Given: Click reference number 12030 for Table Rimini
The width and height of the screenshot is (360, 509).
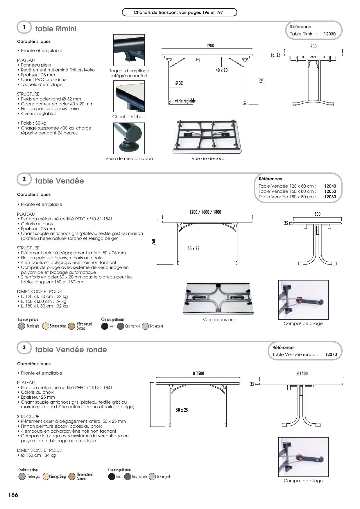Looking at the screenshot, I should click(x=329, y=34).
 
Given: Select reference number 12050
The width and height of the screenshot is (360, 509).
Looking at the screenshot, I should click(x=330, y=191).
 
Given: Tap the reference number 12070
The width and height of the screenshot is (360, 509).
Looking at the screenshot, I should click(x=331, y=355).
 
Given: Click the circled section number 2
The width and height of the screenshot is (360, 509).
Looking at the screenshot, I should click(x=24, y=179).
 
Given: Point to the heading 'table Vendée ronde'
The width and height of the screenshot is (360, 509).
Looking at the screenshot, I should click(x=71, y=350).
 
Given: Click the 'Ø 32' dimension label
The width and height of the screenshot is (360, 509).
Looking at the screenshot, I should click(x=179, y=83).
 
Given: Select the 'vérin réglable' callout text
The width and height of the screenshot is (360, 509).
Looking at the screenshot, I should click(x=185, y=101).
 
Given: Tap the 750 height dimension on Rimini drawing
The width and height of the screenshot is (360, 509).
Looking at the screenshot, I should click(x=261, y=80).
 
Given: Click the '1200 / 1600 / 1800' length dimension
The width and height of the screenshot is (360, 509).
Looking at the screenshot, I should click(x=205, y=212).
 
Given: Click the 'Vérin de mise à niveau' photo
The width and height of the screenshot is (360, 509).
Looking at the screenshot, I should click(x=129, y=138).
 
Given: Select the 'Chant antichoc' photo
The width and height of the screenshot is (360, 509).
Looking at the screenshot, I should click(x=129, y=96).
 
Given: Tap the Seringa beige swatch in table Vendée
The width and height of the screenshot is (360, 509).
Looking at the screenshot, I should click(x=46, y=326).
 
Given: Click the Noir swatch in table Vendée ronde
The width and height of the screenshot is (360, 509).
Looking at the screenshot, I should click(x=112, y=477).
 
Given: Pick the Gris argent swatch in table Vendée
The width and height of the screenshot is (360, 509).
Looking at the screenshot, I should click(x=145, y=326).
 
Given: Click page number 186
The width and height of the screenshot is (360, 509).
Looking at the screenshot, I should click(x=13, y=495).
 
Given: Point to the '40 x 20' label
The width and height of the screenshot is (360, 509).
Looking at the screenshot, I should click(x=221, y=70).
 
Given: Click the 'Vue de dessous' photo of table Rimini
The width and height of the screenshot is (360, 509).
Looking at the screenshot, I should click(x=207, y=137).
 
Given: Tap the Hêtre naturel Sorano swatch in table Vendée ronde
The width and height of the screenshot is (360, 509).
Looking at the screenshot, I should click(x=72, y=477).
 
